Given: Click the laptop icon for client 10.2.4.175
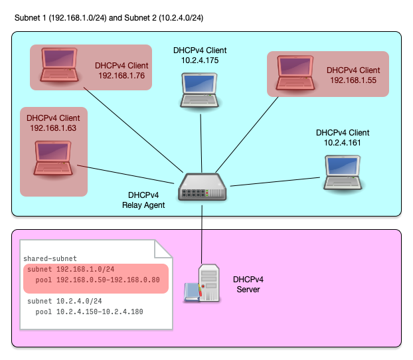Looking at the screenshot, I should point(200,90).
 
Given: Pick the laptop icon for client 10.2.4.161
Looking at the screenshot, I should point(343,172).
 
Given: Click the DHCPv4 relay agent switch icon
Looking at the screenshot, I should point(203,188).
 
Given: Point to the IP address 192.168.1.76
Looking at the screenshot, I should point(122,76).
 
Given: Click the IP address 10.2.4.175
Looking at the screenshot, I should point(200,60).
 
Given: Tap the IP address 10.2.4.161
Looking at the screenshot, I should point(343,142).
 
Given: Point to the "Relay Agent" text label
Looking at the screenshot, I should point(143,205).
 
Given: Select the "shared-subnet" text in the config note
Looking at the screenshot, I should point(50,258).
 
